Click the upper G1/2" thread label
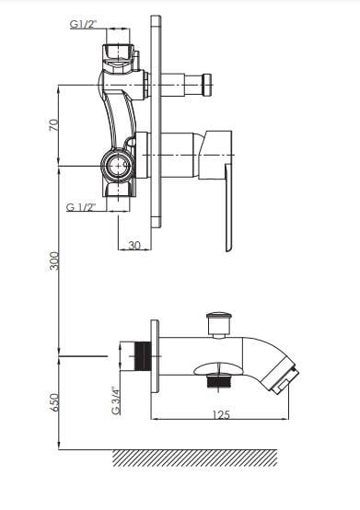[x=84, y=24]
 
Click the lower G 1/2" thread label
[x=81, y=207]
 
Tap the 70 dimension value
[x=54, y=125]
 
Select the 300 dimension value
[x=54, y=261]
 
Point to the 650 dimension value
[x=54, y=402]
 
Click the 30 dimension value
[x=134, y=245]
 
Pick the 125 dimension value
[x=221, y=414]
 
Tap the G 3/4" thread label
[x=116, y=400]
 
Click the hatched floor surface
[x=195, y=458]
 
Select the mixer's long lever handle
[x=229, y=207]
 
